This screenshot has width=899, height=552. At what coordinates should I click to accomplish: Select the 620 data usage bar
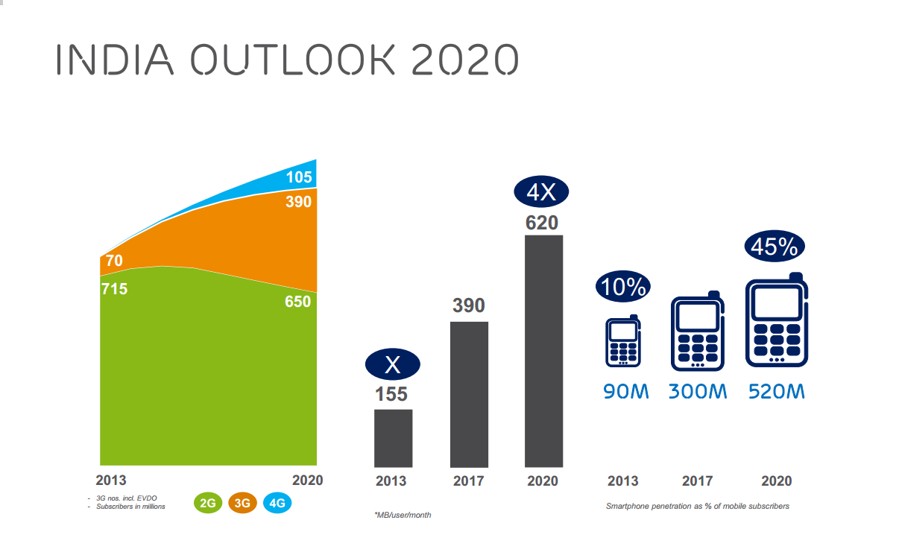[x=543, y=351]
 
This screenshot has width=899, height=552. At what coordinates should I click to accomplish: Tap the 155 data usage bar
[x=393, y=438]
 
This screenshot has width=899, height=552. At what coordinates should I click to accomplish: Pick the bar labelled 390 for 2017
[x=469, y=394]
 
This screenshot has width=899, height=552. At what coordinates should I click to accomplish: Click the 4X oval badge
[x=542, y=193]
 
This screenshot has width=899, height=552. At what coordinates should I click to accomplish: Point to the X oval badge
[x=393, y=365]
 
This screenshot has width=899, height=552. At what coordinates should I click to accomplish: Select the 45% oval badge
[x=776, y=247]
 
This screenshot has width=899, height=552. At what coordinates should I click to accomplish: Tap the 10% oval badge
[x=623, y=287]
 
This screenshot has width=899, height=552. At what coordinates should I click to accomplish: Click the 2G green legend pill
[x=208, y=503]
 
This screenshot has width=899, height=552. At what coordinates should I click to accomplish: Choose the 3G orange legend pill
[x=242, y=503]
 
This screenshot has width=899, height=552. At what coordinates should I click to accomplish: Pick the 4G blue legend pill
[x=277, y=503]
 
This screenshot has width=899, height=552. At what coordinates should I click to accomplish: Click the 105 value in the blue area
[x=299, y=177]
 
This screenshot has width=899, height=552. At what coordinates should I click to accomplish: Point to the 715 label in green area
[x=114, y=288]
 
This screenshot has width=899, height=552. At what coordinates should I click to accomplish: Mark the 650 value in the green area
[x=298, y=303]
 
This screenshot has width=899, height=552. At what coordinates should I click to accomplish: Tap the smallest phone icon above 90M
[x=623, y=342]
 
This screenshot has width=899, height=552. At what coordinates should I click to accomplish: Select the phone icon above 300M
[x=698, y=333]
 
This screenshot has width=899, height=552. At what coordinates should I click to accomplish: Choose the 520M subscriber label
[x=777, y=391]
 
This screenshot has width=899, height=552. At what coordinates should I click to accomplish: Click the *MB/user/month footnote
[x=403, y=515]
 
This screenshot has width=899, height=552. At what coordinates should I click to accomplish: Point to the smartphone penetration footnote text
[x=697, y=507]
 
